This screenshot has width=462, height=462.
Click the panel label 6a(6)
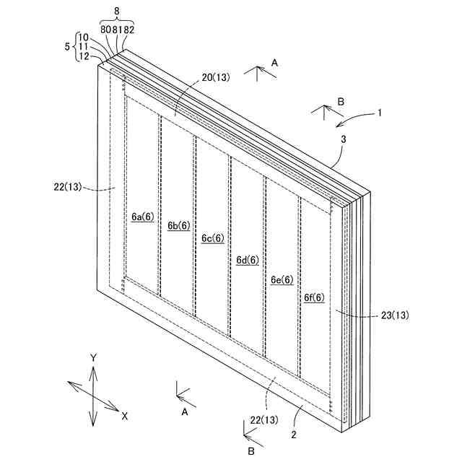click(143, 216)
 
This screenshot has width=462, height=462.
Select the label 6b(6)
click(178, 225)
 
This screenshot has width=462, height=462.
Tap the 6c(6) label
click(213, 238)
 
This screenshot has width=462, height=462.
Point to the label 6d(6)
click(248, 261)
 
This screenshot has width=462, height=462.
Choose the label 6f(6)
click(314, 297)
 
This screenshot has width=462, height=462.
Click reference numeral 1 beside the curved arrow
click(380, 113)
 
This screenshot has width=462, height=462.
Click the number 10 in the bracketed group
click(84, 38)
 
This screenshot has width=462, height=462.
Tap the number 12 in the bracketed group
click(84, 56)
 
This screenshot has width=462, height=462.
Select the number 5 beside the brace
click(67, 47)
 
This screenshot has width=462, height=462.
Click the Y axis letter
click(93, 358)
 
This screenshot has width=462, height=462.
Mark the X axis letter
click(125, 417)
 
